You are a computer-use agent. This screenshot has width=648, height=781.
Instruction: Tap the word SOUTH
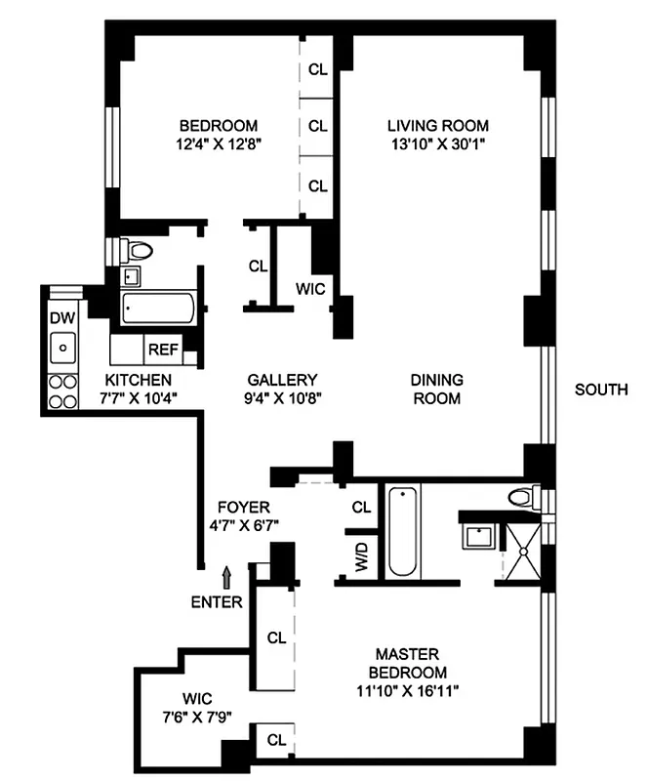point(600,390)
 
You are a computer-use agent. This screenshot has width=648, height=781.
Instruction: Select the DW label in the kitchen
point(62,317)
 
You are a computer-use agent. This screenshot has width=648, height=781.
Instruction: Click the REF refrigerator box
point(162,349)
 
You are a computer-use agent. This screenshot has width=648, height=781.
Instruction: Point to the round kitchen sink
point(63,345)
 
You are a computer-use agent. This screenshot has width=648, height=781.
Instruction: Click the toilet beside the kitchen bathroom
point(138,251)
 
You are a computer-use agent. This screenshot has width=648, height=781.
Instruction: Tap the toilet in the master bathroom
point(519,497)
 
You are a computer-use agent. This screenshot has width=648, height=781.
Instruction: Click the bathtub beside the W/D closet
point(403,533)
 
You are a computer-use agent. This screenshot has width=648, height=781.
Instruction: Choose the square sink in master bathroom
point(478,536)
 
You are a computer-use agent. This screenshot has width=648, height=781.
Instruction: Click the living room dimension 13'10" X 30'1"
point(437,144)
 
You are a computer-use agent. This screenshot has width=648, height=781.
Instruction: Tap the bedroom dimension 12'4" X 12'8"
point(218,144)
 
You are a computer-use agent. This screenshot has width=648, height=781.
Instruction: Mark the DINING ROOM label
point(436,390)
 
